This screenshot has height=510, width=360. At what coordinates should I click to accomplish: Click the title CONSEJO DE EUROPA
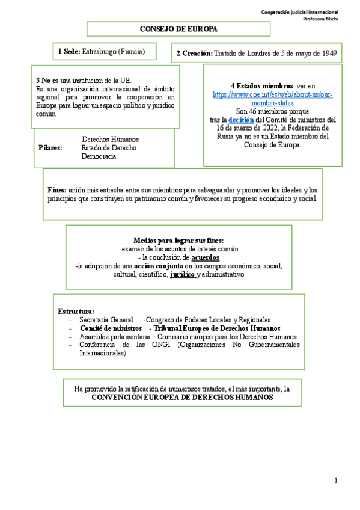178,29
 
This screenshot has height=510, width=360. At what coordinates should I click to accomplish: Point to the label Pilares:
50,147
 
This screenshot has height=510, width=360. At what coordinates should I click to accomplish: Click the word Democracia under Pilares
99,156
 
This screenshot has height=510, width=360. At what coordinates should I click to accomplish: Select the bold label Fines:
57,189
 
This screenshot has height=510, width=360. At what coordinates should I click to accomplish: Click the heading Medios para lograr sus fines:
178,240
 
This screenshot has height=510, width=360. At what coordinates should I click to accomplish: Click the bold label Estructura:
76,311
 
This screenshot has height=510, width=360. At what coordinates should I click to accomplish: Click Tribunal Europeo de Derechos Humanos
217,328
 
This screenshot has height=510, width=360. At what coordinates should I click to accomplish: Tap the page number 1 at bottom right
336,480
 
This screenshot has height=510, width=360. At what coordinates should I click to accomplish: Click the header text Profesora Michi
320,19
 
